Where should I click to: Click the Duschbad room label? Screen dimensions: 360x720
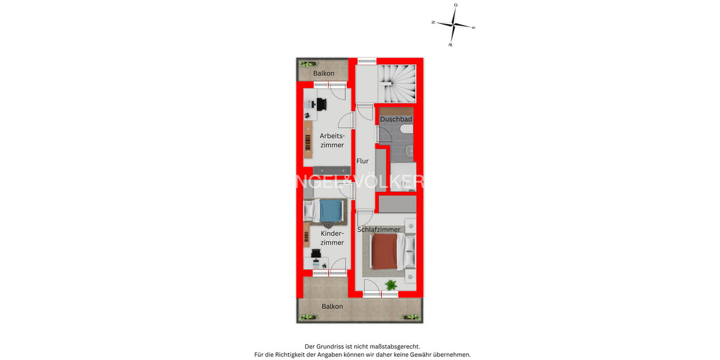tap(396, 119)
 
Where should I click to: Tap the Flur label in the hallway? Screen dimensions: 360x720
tap(362, 161)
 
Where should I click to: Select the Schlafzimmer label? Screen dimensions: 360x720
tap(379, 229)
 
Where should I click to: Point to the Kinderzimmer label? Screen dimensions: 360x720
tap(332, 238)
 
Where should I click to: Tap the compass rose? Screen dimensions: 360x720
tap(454, 25)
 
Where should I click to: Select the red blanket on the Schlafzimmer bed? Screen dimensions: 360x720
tap(384, 251)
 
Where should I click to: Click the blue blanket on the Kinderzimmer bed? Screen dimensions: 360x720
tap(329, 211)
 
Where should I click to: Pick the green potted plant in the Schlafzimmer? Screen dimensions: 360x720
tap(391, 285)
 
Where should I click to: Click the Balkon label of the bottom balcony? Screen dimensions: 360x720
tap(332, 306)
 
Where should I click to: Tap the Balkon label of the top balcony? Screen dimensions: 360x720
tap(324, 73)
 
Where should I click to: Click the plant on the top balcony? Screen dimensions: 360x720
tap(308, 64)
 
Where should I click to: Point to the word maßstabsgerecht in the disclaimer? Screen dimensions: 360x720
tap(390, 346)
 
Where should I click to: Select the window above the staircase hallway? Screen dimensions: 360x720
tap(367, 59)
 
